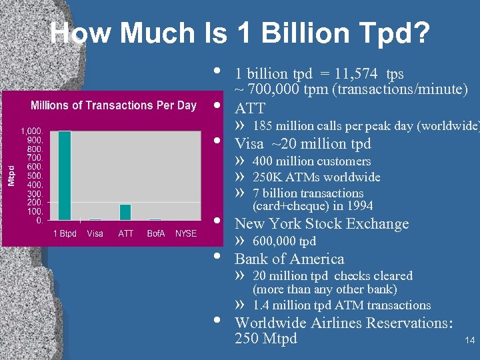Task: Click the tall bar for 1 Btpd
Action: (65, 175)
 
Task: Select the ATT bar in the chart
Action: (125, 212)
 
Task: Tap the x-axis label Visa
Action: (95, 233)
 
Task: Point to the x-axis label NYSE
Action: (186, 233)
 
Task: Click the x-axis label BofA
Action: (156, 233)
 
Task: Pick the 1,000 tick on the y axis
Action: (32, 131)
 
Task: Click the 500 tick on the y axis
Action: (35, 175)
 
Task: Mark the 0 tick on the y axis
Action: (40, 219)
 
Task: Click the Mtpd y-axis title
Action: (11, 175)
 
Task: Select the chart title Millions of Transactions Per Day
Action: (113, 105)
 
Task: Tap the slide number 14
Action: (469, 341)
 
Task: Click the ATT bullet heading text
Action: (250, 108)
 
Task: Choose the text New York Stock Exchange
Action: (321, 224)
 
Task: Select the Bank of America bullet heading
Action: (289, 259)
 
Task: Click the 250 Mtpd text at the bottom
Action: (266, 339)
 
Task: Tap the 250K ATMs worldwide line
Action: (316, 177)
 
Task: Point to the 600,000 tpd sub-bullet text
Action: (284, 241)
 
